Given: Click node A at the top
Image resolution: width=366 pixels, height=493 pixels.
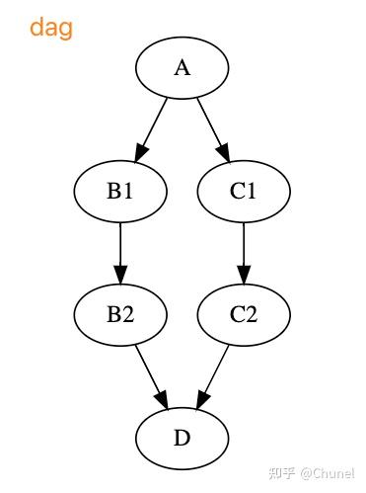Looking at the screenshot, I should point(182,67).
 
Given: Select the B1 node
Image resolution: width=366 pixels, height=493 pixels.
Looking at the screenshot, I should point(120,191).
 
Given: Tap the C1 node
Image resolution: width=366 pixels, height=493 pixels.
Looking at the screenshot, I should point(244,191).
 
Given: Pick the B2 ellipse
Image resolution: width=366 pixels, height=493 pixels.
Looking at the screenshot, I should point(120,314).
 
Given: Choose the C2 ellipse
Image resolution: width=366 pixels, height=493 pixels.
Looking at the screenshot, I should point(244,314).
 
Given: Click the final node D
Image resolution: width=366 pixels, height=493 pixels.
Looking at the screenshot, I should point(182,438).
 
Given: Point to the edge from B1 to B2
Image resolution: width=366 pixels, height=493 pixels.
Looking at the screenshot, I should point(120,247).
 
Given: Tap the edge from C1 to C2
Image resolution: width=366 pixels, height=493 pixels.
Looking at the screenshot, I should point(244,247).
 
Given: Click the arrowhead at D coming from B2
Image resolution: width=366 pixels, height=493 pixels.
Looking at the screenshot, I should point(163,400).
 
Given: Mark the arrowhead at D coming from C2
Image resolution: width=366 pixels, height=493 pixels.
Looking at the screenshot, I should point(200,400).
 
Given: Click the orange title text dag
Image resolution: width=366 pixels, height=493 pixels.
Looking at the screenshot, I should point(50,28).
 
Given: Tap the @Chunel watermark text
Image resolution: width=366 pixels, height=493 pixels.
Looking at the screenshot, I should point(328,473).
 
